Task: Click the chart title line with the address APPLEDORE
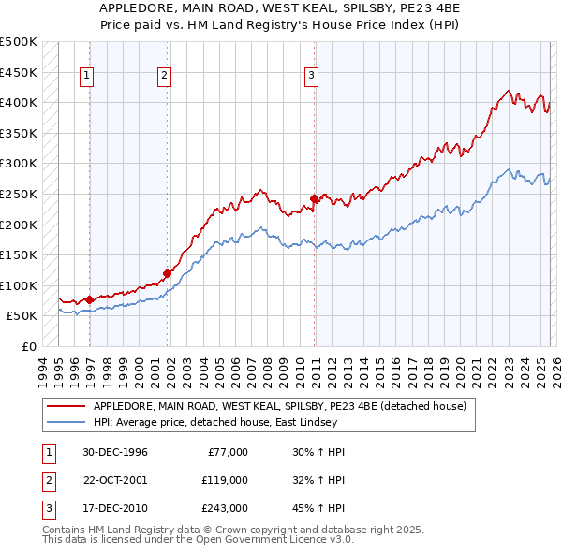[x=281, y=9]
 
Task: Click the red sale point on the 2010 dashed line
[x=314, y=198]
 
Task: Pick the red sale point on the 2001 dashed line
[x=168, y=274]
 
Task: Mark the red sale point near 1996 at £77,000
[x=90, y=299]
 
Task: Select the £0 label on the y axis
[x=28, y=346]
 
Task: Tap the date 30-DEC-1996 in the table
[x=115, y=452]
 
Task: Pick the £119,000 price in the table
[x=225, y=480]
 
